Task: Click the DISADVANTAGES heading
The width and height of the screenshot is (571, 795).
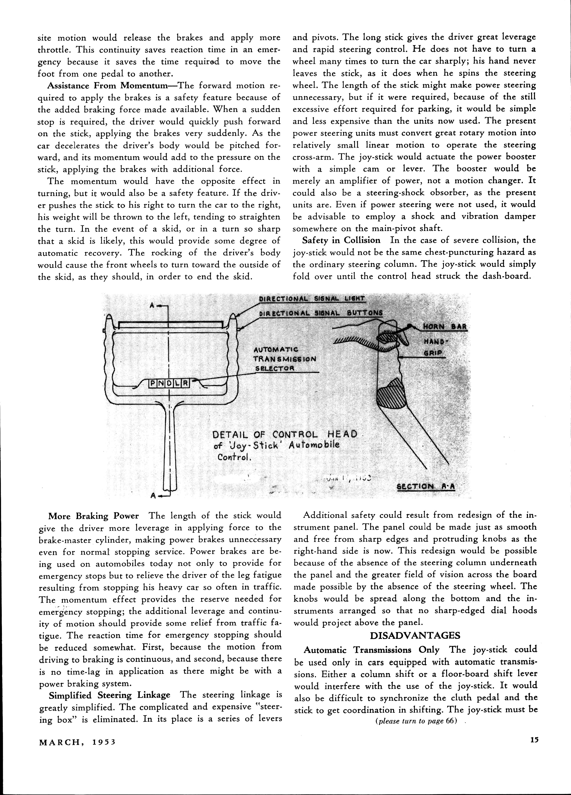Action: pyautogui.click(x=415, y=635)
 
